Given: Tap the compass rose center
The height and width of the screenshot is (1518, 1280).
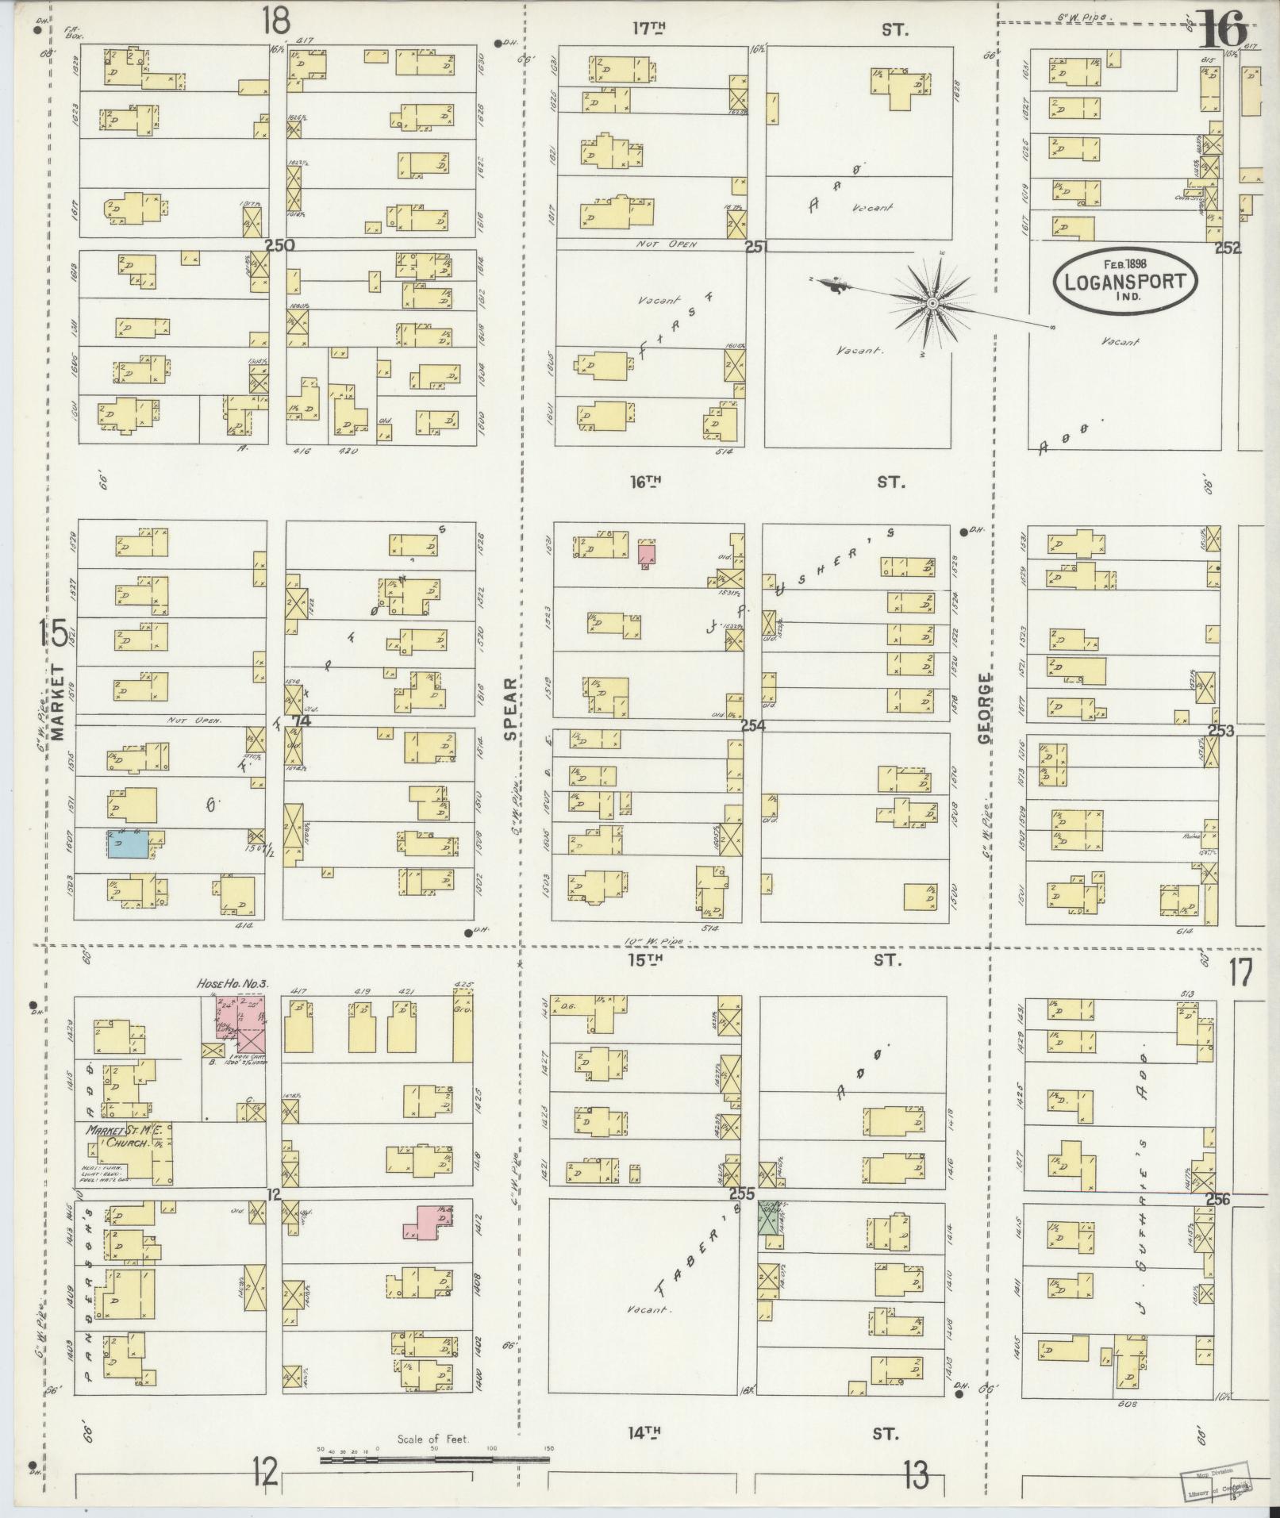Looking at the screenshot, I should coord(933,304).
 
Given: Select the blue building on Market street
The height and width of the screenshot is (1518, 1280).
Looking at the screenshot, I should coord(128,844).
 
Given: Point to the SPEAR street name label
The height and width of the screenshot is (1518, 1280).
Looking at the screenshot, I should coord(509,707).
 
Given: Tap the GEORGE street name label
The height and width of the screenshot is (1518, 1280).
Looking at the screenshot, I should coord(985,709).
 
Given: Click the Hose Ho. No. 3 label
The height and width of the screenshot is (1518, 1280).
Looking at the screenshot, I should coord(233,983).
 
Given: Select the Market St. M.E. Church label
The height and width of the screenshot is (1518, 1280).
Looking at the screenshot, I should coord(120,1137).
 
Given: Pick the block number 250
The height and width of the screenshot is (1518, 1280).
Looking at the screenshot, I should coord(280,245).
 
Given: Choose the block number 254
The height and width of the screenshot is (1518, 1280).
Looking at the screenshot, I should coord(754,724).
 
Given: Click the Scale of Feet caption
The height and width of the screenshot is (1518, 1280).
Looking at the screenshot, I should coord(433,1439).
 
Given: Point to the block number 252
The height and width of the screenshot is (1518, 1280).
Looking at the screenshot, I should coord(1227,248).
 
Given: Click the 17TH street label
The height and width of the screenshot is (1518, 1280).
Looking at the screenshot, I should coord(648,29).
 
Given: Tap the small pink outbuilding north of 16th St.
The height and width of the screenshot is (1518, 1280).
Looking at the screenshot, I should coord(647,553).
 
